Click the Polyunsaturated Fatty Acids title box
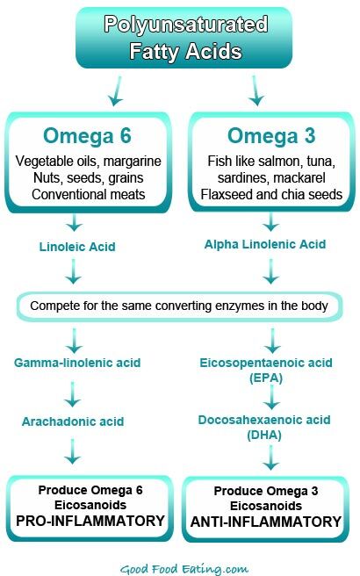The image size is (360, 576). pos(180,37)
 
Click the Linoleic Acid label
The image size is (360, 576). pos(74,247)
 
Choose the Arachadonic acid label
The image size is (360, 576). pos(74,421)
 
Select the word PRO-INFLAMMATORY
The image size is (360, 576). pos(90,521)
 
